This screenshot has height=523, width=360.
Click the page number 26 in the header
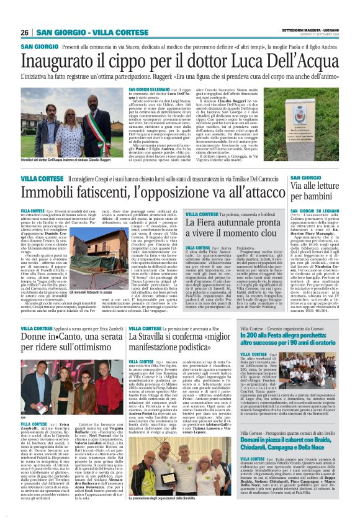(25, 32)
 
